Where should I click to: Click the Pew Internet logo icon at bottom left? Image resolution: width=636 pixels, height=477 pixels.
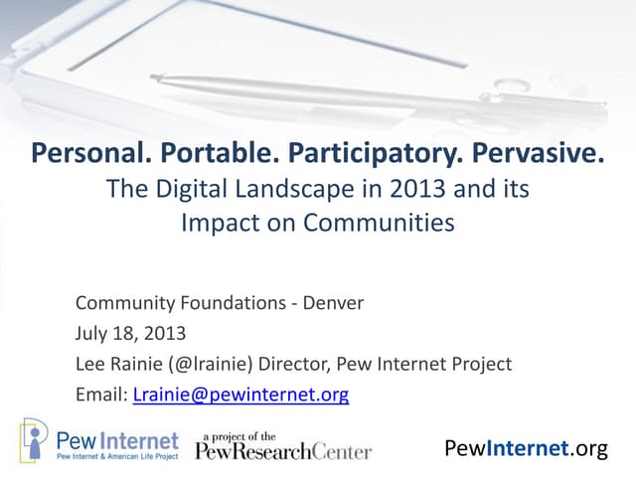coord(34,439)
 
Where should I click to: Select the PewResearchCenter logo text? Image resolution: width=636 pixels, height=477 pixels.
coord(283,451)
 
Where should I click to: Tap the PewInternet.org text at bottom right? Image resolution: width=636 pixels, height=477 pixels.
coord(527,448)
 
